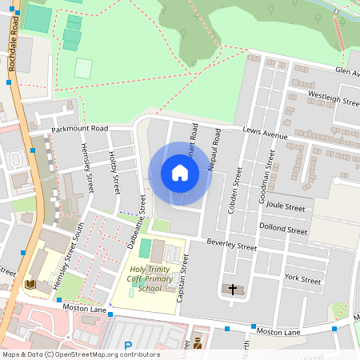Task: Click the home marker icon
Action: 180,173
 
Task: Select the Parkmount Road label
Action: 79,128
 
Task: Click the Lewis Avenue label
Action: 265,136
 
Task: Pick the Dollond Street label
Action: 285,230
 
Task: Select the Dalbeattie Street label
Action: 136,225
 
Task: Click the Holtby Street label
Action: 114,173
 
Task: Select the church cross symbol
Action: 233,288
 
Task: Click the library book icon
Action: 31,285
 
